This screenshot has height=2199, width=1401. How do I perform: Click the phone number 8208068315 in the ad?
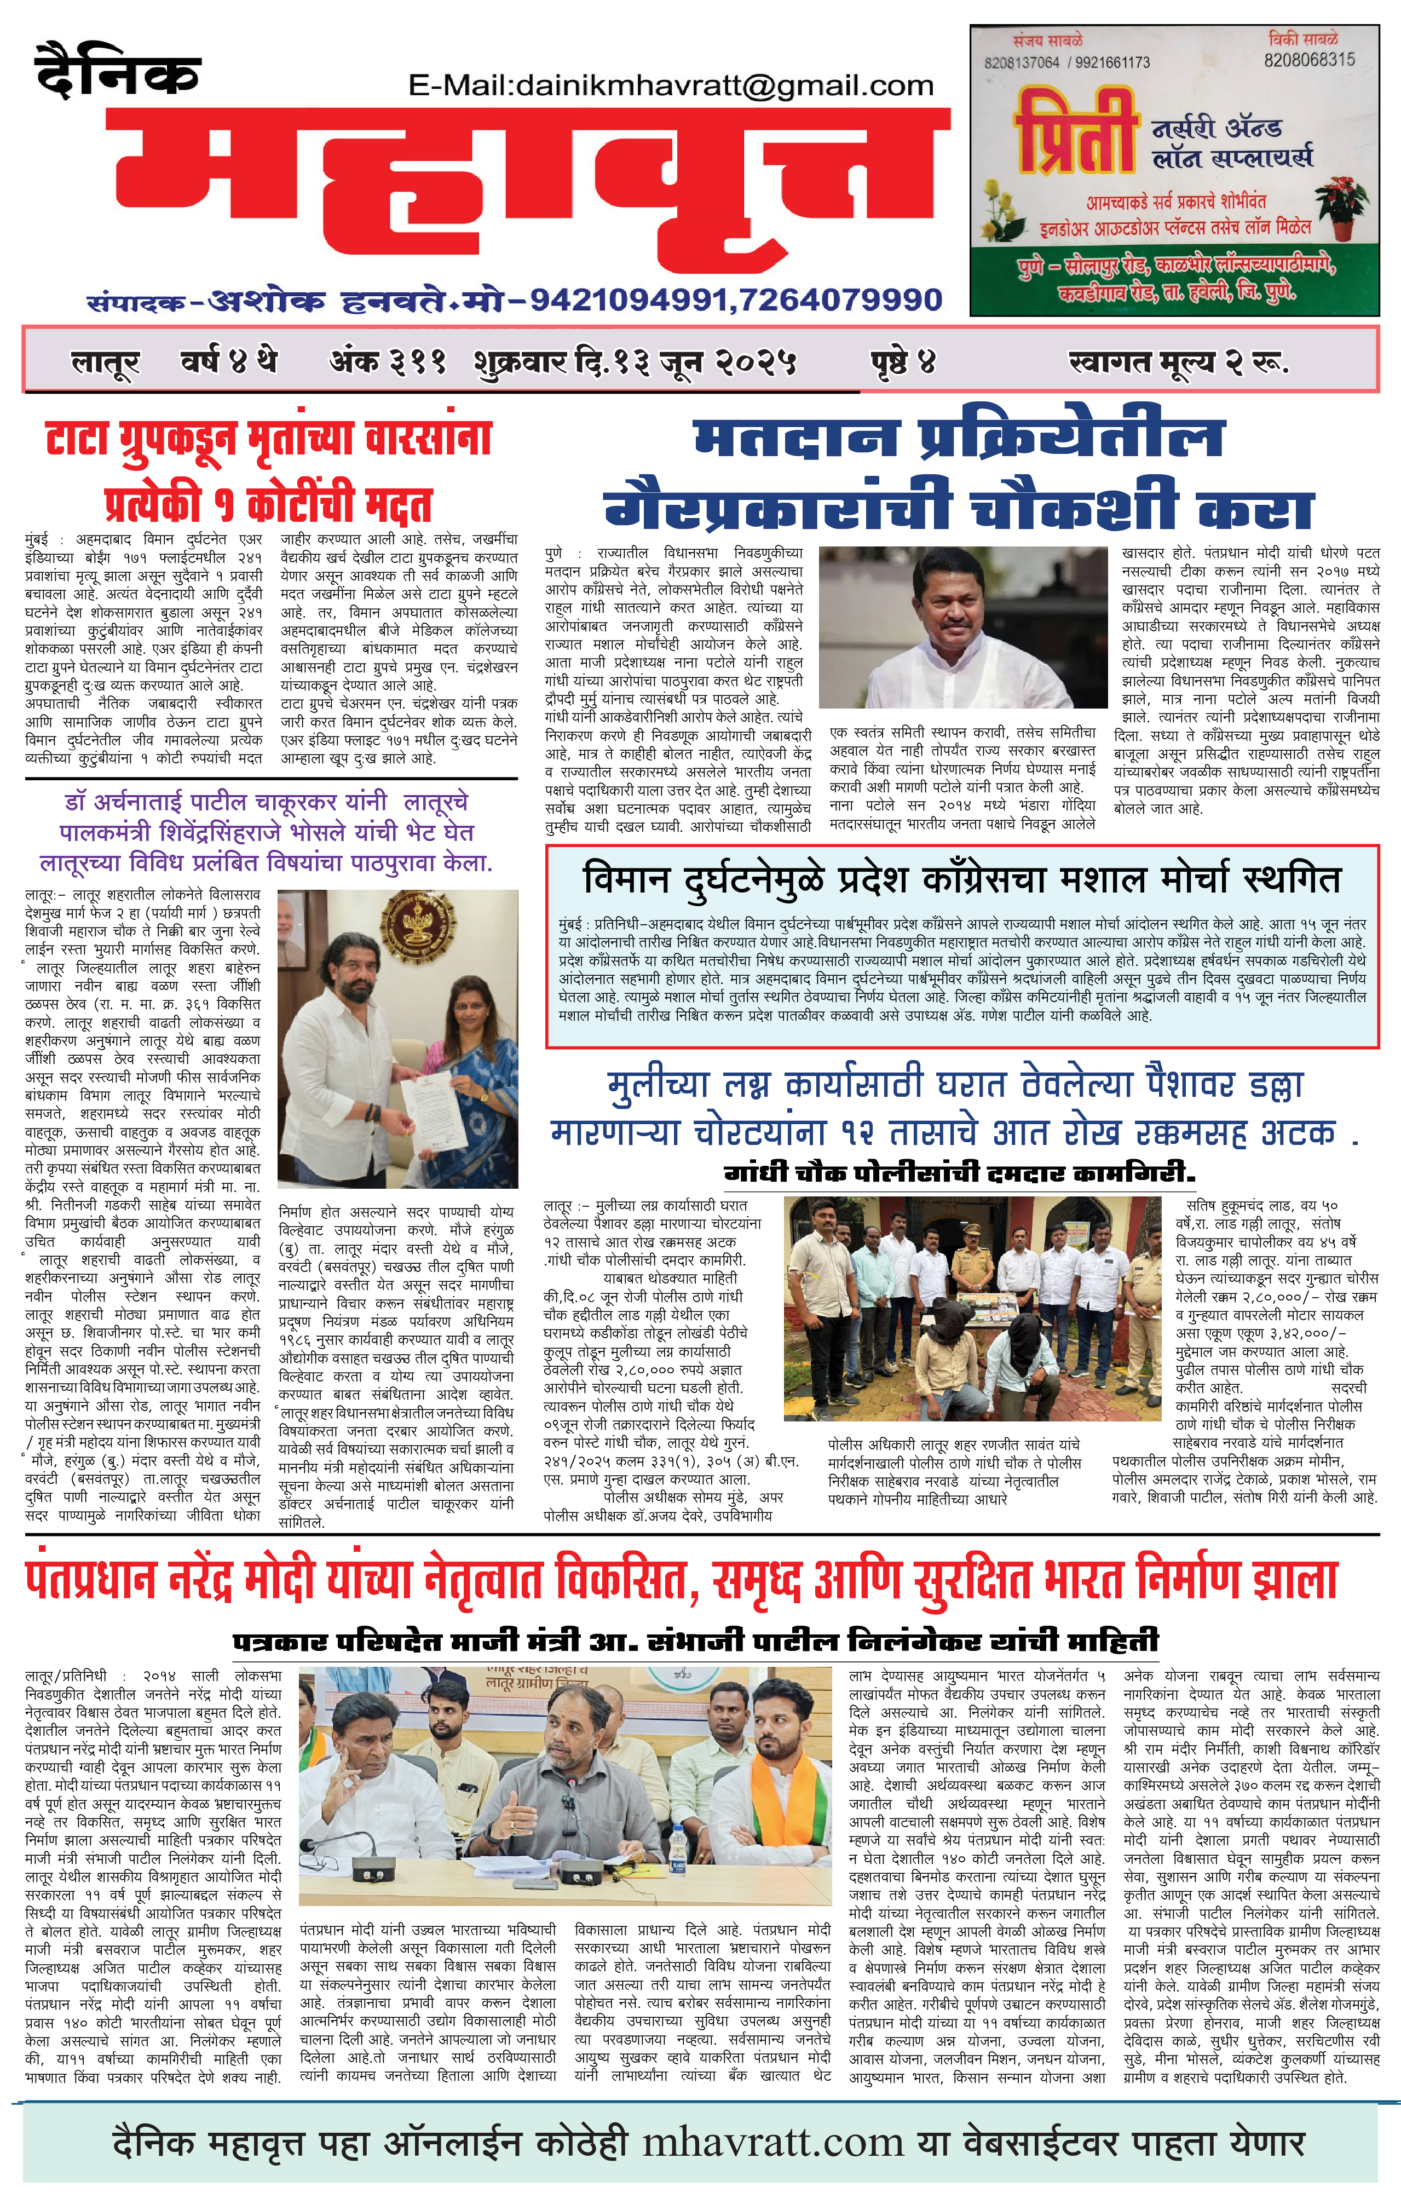pyautogui.click(x=1309, y=59)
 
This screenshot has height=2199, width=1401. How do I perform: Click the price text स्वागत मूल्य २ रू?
pyautogui.click(x=1178, y=362)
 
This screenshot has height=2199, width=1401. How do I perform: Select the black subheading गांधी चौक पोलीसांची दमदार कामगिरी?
pyautogui.click(x=959, y=1172)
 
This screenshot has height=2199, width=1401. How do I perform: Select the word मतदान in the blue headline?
pyautogui.click(x=794, y=439)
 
